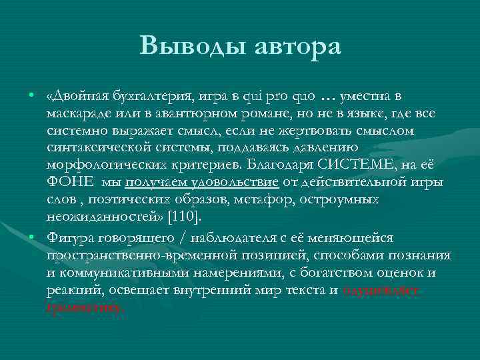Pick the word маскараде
pyautogui.click(x=77, y=114)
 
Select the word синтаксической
pyautogui.click(x=93, y=147)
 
